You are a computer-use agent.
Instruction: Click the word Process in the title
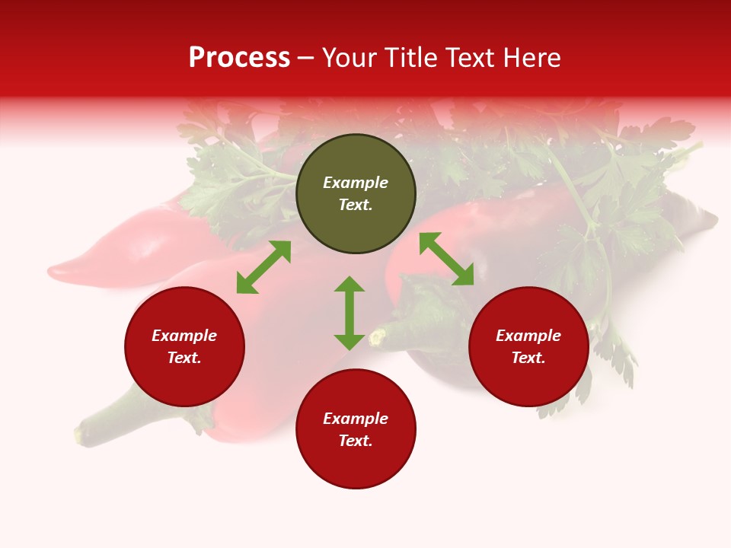[239, 58]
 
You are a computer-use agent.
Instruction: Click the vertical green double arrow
[350, 313]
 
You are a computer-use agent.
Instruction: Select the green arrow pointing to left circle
[263, 267]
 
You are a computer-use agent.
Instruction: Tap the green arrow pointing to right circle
[446, 259]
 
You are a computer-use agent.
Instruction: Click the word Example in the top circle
[356, 183]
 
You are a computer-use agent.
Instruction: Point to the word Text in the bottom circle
[356, 441]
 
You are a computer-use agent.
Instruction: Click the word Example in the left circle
[184, 336]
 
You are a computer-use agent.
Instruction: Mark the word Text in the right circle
[528, 358]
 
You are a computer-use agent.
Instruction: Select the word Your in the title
[350, 58]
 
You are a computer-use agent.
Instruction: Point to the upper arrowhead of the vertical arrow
[350, 284]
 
